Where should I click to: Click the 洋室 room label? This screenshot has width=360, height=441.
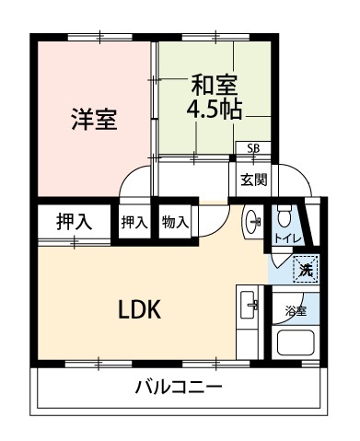tap(94, 119)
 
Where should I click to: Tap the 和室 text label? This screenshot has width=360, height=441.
tap(215, 85)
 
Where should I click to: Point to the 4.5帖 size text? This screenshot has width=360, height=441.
tap(215, 109)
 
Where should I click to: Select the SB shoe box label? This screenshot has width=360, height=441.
tap(253, 148)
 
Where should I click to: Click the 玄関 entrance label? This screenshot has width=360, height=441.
tap(253, 180)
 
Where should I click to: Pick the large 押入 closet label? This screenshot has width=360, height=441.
tap(75, 222)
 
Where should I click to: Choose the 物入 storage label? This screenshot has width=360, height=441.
tap(175, 222)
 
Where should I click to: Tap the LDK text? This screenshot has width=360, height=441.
tap(140, 309)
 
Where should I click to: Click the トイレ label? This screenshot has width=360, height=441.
tap(288, 238)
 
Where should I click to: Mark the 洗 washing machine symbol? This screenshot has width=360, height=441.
tap(306, 269)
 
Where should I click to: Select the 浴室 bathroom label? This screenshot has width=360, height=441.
tap(296, 311)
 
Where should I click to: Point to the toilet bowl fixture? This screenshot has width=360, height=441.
tap(284, 215)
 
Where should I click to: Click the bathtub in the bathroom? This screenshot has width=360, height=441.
tap(296, 342)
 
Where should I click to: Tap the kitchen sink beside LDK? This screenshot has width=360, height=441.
tap(249, 305)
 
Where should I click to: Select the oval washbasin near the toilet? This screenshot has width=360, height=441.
tap(252, 220)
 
